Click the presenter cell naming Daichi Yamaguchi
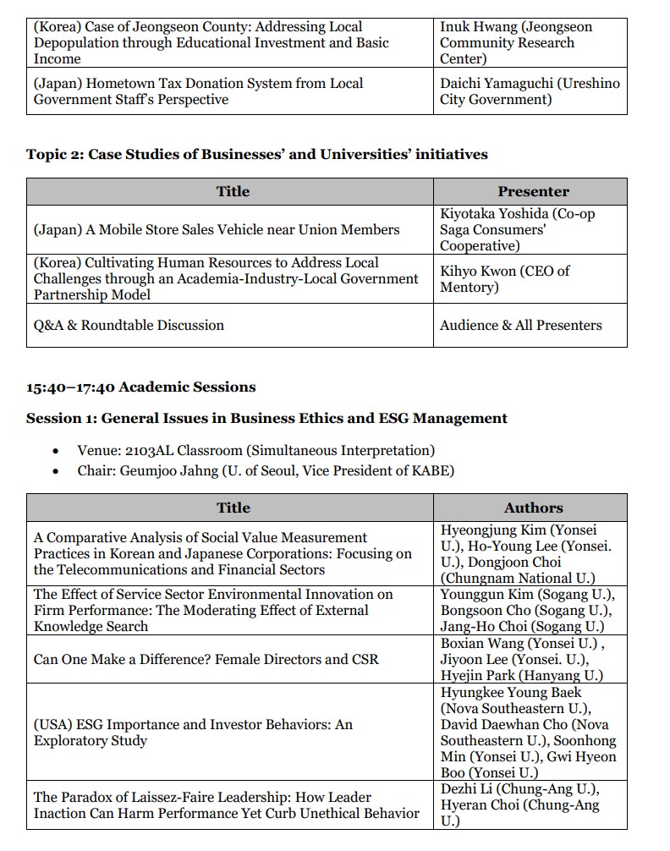530,91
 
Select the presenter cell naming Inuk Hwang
530,43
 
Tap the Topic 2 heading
256,154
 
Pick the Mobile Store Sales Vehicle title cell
217,229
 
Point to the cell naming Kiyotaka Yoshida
530,229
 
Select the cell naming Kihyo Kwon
530,279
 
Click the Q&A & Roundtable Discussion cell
129,325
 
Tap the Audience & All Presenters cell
521,325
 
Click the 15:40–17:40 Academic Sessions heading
140,387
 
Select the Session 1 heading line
266,418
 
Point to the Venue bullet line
255,450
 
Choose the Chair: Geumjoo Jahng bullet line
265,470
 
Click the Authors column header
533,508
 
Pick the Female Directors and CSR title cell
206,659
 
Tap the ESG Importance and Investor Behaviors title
193,733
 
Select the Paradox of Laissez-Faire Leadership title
227,805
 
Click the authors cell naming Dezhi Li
530,805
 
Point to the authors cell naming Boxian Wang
530,659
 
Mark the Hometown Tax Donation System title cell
199,91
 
